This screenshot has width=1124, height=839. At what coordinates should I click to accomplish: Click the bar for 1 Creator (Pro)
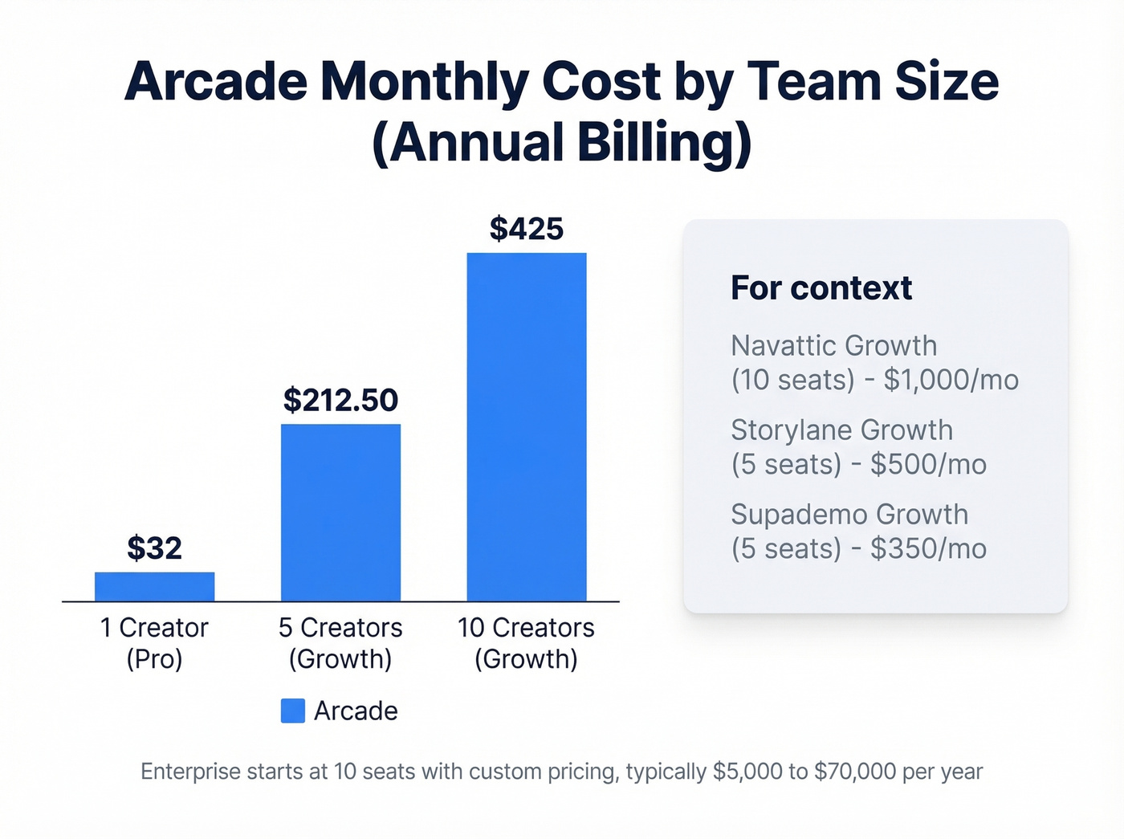(x=154, y=586)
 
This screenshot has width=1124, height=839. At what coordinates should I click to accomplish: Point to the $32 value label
(x=154, y=548)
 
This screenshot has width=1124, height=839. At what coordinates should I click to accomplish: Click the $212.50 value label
(x=340, y=400)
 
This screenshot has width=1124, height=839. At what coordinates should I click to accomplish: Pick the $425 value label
(x=527, y=229)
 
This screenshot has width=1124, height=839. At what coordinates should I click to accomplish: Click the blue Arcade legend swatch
(x=292, y=711)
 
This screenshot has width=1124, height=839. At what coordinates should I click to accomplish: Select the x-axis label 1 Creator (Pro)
(x=154, y=643)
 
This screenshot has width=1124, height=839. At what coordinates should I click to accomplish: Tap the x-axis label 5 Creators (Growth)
(x=340, y=643)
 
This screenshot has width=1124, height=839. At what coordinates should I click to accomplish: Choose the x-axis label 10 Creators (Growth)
(x=527, y=643)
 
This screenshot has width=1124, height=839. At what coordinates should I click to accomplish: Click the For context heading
(x=821, y=288)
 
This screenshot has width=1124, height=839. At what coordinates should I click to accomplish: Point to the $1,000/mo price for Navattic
(x=951, y=380)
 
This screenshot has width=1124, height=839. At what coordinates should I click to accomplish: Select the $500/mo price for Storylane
(x=928, y=464)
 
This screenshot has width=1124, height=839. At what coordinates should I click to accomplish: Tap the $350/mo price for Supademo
(x=928, y=548)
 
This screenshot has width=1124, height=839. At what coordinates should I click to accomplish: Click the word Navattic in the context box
(x=784, y=346)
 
